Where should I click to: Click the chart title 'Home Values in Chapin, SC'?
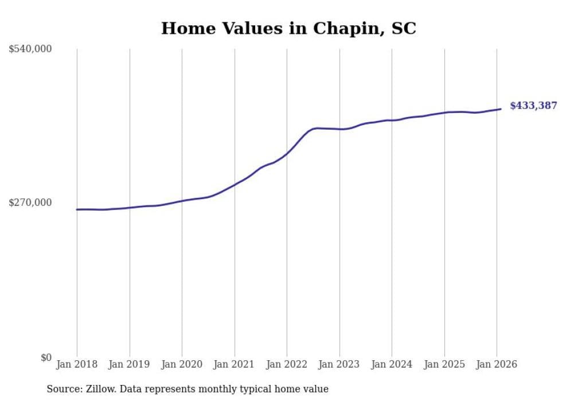coord(288,28)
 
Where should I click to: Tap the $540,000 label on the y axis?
coord(30,49)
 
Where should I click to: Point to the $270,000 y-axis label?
coord(30,203)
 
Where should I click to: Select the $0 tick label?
coord(46,357)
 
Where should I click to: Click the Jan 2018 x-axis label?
coord(77,364)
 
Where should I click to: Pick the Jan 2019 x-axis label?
coord(129,364)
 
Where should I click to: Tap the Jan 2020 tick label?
coord(182,364)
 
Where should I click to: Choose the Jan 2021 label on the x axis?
coord(234,364)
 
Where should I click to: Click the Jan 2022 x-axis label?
coord(287,364)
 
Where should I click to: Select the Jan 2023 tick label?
coord(339,364)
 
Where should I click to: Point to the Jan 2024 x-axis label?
coord(392,364)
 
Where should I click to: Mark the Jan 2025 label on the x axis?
coord(444,364)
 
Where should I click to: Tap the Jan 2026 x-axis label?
coord(496,364)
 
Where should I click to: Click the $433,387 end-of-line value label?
coord(533,106)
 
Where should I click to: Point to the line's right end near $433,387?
coord(501,109)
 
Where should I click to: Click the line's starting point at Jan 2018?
coord(77,209)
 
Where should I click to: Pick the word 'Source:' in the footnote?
coord(64,389)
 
